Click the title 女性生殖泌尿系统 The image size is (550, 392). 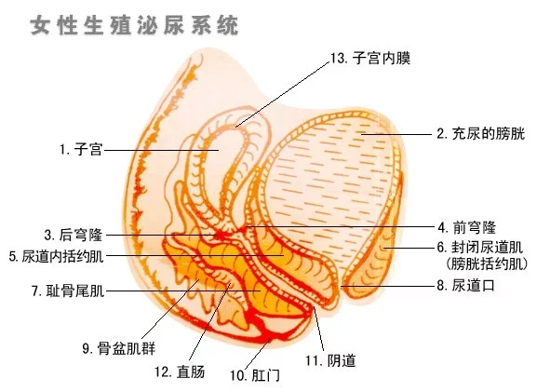pyautogui.click(x=134, y=25)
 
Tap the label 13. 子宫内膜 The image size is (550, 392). pyautogui.click(x=370, y=58)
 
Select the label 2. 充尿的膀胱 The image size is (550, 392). pyautogui.click(x=480, y=134)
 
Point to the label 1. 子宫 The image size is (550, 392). pyautogui.click(x=81, y=150)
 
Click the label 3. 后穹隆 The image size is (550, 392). pyautogui.click(x=73, y=235)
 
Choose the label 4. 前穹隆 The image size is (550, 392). pyautogui.click(x=466, y=227)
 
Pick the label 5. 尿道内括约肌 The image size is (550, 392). pyautogui.click(x=56, y=256)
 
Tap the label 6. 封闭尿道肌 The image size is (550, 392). pyautogui.click(x=480, y=248)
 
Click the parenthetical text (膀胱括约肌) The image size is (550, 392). pyautogui.click(x=487, y=264)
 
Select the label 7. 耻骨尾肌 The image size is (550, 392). pyautogui.click(x=68, y=291)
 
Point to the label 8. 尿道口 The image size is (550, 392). pyautogui.click(x=465, y=285)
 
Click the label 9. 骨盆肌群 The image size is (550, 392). pyautogui.click(x=118, y=348)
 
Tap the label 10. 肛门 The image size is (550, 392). pyautogui.click(x=255, y=375)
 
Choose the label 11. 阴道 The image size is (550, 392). pyautogui.click(x=330, y=360)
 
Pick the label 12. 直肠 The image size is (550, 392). pyautogui.click(x=180, y=372)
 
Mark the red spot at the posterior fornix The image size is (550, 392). pyautogui.click(x=221, y=235)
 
